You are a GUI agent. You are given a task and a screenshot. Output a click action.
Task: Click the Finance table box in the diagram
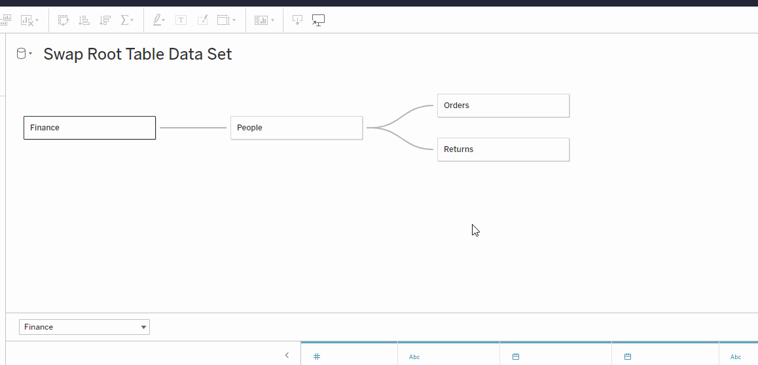[x=90, y=128]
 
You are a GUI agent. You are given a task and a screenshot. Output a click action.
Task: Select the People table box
[x=297, y=128]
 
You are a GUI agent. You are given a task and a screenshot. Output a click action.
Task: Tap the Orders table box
[x=503, y=106]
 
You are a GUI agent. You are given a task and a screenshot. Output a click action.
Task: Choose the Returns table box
[x=503, y=149]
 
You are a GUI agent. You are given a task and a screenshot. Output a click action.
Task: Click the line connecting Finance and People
[x=193, y=128]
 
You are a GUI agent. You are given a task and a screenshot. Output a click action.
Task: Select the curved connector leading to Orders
[x=400, y=116]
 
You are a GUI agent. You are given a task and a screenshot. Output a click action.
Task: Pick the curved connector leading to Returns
[x=400, y=139]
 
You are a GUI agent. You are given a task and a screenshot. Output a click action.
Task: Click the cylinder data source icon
[x=21, y=53]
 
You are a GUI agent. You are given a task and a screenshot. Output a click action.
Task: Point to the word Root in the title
[x=104, y=54]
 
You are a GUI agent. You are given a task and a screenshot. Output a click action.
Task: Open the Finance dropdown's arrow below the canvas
[x=143, y=327]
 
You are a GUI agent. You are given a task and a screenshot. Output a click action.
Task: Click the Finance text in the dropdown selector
[x=39, y=327]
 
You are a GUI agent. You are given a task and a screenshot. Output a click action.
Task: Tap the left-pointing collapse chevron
[x=287, y=355]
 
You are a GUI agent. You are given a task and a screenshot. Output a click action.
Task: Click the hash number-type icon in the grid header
[x=317, y=356]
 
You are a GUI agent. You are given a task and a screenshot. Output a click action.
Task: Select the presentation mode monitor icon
[x=318, y=20]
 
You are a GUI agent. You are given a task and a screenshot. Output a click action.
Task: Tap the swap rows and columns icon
[x=63, y=20]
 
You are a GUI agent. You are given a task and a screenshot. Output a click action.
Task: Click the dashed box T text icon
[x=181, y=20]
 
